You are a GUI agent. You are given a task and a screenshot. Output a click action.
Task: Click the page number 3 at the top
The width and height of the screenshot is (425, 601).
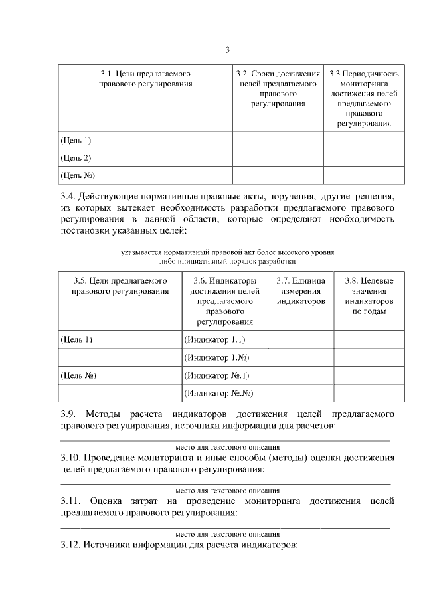click(x=227, y=50)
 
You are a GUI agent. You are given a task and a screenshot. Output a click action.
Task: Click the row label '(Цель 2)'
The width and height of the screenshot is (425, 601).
click(x=76, y=157)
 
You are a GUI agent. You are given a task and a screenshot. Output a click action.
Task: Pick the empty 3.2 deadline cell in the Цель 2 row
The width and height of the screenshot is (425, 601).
click(x=278, y=157)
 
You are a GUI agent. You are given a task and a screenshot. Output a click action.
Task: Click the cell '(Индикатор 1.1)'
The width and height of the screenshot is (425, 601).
click(x=216, y=339)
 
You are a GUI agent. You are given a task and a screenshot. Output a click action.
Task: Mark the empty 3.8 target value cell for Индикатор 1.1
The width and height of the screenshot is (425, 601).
click(x=369, y=339)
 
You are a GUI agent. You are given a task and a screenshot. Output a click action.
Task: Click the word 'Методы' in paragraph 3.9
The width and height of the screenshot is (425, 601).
click(x=102, y=414)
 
